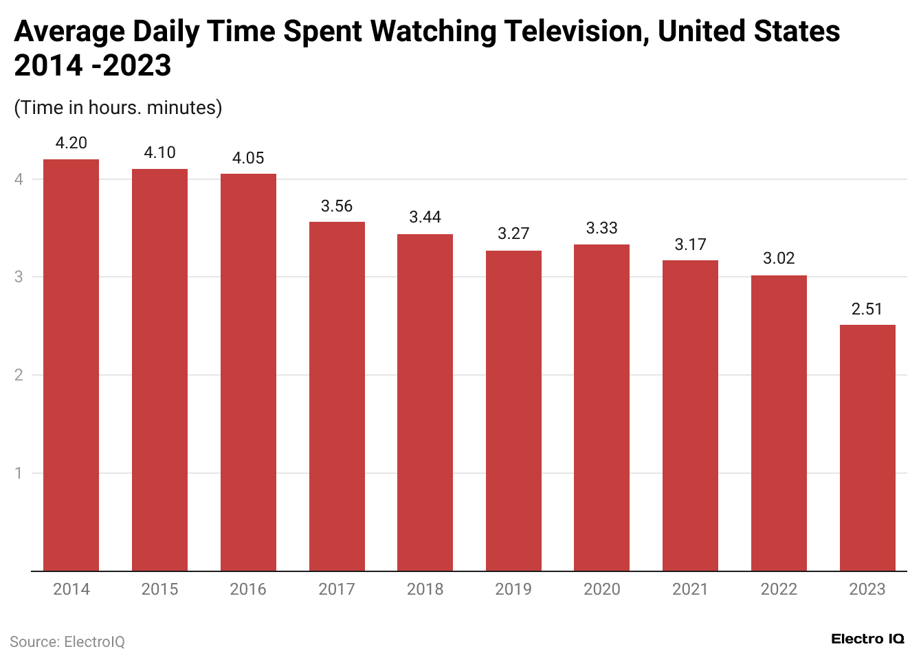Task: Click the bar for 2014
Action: tap(71, 365)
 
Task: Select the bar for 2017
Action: tap(337, 396)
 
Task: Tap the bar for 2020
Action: tap(601, 407)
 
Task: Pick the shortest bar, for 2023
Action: tap(867, 448)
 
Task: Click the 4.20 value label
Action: tap(71, 143)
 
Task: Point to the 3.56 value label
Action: tap(337, 206)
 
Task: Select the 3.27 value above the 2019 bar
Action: tap(513, 233)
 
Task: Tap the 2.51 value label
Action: tap(867, 309)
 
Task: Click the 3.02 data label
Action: tap(779, 258)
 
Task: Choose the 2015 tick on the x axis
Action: tap(159, 589)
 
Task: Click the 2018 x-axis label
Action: tap(425, 589)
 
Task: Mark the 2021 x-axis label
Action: tap(690, 589)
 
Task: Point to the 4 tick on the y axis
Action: tap(19, 179)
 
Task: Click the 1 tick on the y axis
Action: tap(19, 473)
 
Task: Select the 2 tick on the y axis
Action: tap(19, 375)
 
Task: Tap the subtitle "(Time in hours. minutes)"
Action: tap(118, 108)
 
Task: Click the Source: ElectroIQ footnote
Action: tap(67, 642)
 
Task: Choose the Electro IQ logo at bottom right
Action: tap(867, 639)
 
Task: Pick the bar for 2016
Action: tap(248, 372)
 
